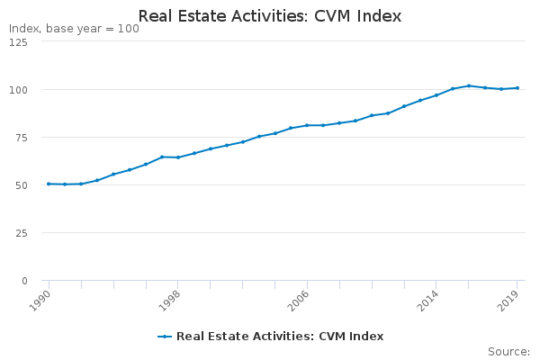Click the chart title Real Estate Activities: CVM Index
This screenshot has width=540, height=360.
click(270, 16)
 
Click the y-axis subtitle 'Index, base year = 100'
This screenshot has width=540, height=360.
click(74, 29)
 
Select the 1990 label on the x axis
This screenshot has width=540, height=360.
click(40, 300)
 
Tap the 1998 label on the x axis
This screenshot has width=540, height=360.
click(170, 300)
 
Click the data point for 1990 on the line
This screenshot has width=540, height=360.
click(49, 184)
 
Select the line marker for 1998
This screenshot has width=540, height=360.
click(178, 157)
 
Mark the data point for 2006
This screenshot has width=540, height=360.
click(307, 125)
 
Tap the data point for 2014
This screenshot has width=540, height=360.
click(436, 95)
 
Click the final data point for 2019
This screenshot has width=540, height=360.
click(517, 88)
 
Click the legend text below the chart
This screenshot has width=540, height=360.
click(280, 337)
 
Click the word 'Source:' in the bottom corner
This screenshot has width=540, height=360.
click(508, 352)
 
